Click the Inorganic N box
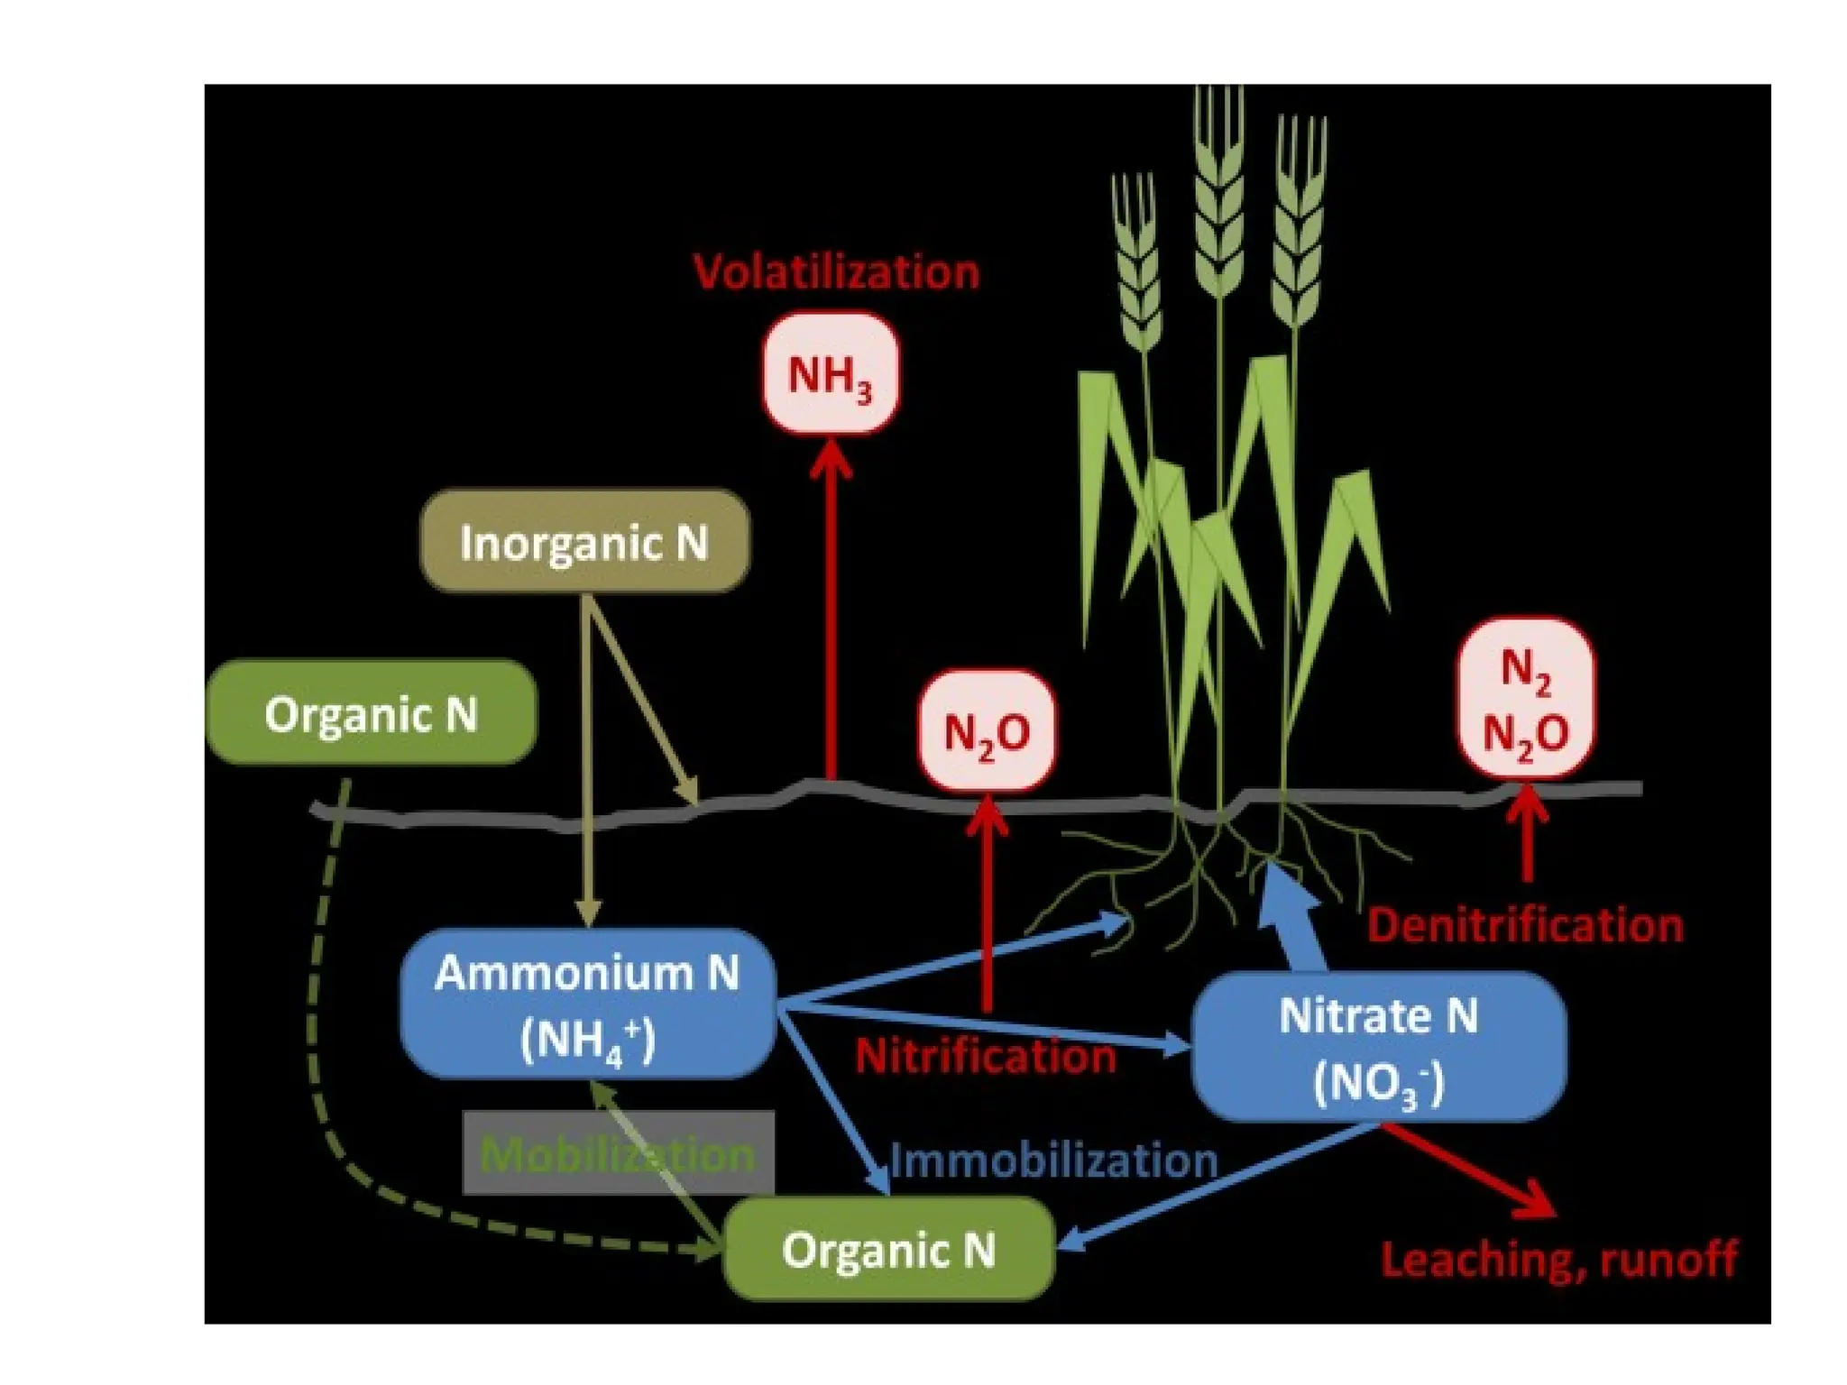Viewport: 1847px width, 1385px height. pyautogui.click(x=584, y=542)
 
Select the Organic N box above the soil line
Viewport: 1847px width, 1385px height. pyautogui.click(x=371, y=713)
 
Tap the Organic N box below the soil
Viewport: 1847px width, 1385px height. pyautogui.click(x=888, y=1249)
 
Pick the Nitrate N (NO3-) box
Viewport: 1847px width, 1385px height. pyautogui.click(x=1379, y=1046)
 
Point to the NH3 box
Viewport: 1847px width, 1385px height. pyautogui.click(x=831, y=373)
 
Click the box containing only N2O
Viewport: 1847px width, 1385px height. pyautogui.click(x=987, y=731)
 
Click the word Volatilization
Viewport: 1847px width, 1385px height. pyautogui.click(x=836, y=271)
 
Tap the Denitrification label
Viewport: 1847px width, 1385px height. pyautogui.click(x=1525, y=925)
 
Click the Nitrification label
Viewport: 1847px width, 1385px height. pyautogui.click(x=986, y=1056)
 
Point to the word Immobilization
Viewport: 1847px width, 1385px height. pyautogui.click(x=1054, y=1160)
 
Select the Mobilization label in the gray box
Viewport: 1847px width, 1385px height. pyautogui.click(x=618, y=1153)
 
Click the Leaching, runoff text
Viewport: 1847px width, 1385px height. pyautogui.click(x=1558, y=1259)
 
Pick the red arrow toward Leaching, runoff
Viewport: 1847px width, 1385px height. pyautogui.click(x=1470, y=1169)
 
